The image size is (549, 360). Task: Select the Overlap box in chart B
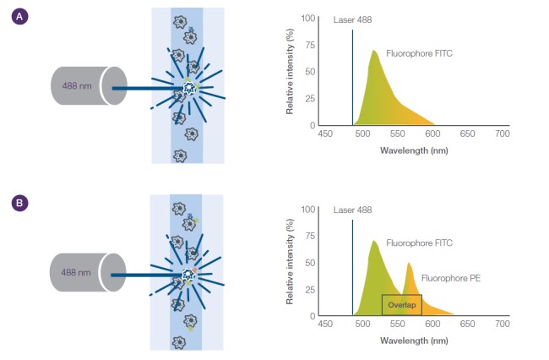pos(401,305)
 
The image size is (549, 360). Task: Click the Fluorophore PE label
pos(450,277)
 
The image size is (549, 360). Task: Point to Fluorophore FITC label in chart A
pos(419,52)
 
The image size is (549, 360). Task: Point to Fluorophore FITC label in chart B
pos(419,243)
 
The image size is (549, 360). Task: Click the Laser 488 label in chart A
pos(352,19)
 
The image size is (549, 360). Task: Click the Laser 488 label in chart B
pos(352,210)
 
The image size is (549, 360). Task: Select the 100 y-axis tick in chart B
pos(308,208)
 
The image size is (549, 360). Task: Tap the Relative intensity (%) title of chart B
pos(291,262)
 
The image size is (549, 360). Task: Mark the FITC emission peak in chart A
pos(373,52)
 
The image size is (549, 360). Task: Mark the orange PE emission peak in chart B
pos(410,264)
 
